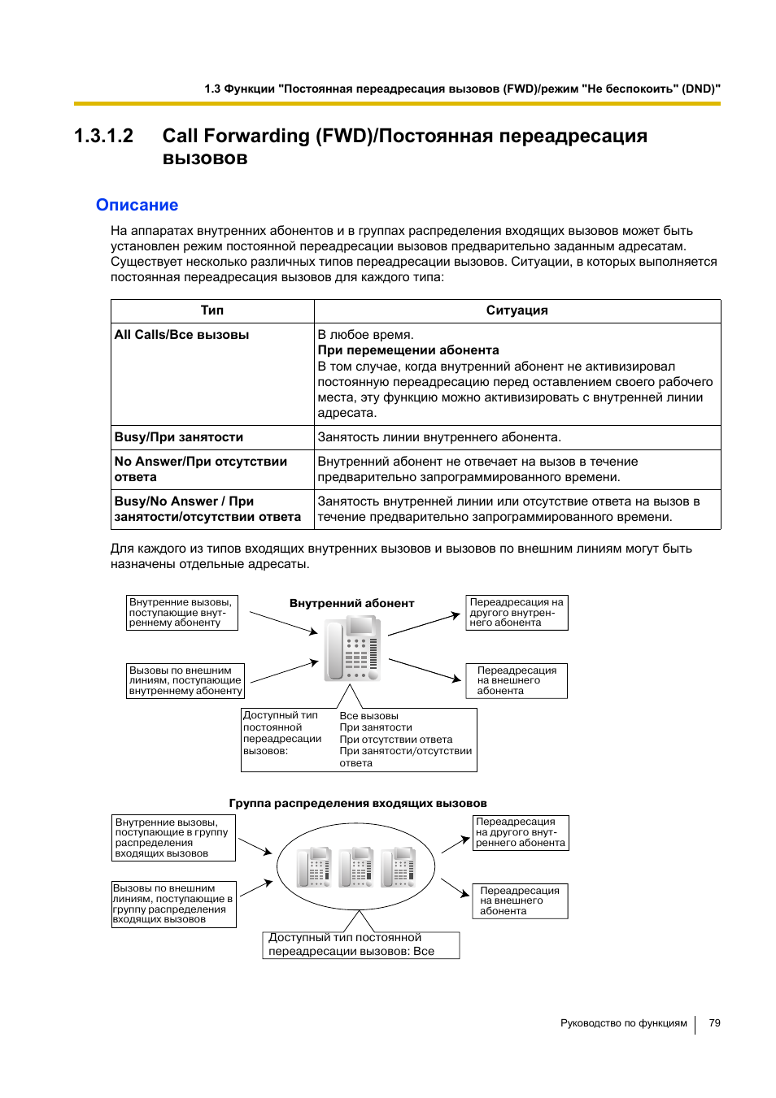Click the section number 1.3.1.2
pos(103,136)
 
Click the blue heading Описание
pos(137,206)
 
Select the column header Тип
pos(212,310)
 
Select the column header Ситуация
pos(517,310)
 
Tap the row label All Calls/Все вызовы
pos(181,335)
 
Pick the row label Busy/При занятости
pos(178,437)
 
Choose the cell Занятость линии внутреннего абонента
pos(438,437)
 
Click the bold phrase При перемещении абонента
pos(408,350)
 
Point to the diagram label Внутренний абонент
pos(351,603)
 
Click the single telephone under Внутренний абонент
pos(352,649)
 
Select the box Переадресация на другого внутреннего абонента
pos(517,613)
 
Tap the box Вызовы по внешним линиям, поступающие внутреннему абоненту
pos(185,681)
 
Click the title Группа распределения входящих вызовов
pos(357,803)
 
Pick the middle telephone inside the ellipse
pos(356,866)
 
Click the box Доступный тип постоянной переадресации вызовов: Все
pos(360,945)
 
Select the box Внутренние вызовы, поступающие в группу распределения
pos(173,838)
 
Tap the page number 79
pos(714,1023)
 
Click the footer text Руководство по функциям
pos(623,1023)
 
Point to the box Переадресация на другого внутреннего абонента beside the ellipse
pos(520,833)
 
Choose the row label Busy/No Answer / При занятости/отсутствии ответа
pos(207,510)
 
